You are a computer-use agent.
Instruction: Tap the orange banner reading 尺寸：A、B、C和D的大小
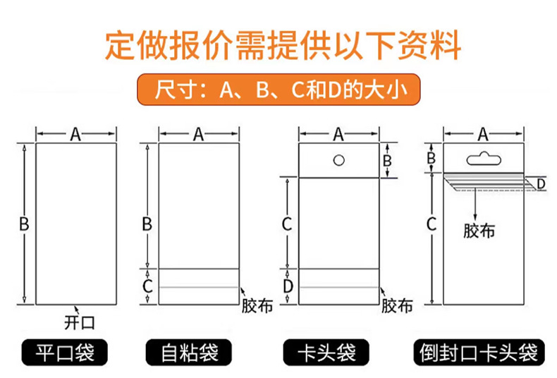278,92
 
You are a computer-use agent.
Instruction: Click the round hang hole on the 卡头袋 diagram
339,159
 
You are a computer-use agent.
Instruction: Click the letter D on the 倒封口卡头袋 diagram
541,184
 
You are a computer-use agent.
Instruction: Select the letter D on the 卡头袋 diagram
288,286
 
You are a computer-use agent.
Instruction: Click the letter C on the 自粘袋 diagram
147,286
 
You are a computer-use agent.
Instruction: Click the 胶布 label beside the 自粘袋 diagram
257,306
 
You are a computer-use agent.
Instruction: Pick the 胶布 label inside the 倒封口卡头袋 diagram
479,231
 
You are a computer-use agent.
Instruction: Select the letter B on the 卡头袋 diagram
386,160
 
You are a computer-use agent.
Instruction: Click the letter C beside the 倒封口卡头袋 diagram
431,225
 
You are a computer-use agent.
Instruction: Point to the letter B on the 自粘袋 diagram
147,225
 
